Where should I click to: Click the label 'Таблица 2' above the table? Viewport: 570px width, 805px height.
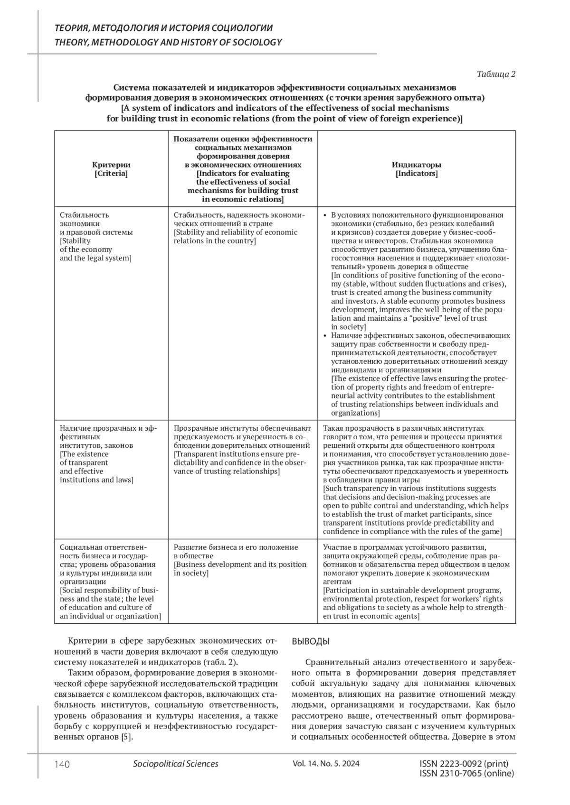point(496,74)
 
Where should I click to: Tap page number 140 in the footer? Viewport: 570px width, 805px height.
point(62,764)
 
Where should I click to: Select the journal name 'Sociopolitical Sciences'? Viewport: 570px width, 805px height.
point(176,764)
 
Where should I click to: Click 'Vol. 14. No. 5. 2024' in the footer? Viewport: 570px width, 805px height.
point(326,764)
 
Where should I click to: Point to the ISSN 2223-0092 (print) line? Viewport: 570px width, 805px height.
point(464,764)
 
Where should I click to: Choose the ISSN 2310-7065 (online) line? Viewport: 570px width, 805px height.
point(467,773)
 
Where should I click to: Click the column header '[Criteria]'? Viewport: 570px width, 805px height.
point(111,174)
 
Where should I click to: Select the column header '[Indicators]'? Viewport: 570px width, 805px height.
point(417,174)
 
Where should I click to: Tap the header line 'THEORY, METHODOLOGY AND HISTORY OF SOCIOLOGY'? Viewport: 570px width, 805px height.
point(168,42)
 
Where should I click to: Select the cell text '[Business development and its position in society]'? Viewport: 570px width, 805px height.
point(240,569)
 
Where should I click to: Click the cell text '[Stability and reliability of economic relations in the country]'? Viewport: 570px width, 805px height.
point(236,237)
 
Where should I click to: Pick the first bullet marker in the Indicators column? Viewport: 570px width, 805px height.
point(325,215)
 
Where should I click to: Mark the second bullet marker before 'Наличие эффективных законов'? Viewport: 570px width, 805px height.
point(325,336)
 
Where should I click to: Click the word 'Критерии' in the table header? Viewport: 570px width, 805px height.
point(111,165)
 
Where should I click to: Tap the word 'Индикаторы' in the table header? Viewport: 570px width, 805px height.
point(417,165)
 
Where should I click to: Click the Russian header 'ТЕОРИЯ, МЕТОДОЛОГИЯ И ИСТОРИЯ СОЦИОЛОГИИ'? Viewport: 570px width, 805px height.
point(164,28)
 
